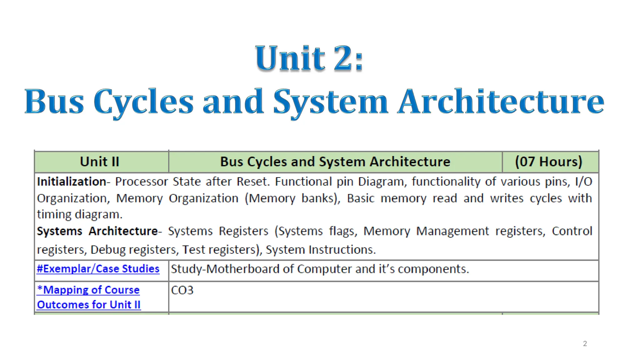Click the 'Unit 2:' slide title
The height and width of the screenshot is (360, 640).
coord(309,58)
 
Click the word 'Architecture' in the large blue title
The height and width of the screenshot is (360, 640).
coord(501,101)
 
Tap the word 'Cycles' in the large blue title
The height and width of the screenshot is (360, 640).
coord(143,102)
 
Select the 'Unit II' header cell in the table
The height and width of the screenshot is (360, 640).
coord(100,162)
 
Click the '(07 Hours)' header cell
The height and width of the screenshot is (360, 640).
coord(548,162)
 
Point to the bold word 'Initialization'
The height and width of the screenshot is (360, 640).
coord(72,182)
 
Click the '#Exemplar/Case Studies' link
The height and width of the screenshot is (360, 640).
coord(98,269)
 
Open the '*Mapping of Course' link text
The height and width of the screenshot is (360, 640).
coord(88,290)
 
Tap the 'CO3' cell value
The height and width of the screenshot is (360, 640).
coord(182,290)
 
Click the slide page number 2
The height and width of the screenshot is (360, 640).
coord(585,344)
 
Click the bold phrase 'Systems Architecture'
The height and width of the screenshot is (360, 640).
coord(97,231)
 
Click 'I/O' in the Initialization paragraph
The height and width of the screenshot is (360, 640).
coord(583,182)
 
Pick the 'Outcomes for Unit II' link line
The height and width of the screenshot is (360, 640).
coord(89,305)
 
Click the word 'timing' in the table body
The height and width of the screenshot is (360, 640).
coord(54,215)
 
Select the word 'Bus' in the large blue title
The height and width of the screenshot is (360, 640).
coord(54,102)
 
